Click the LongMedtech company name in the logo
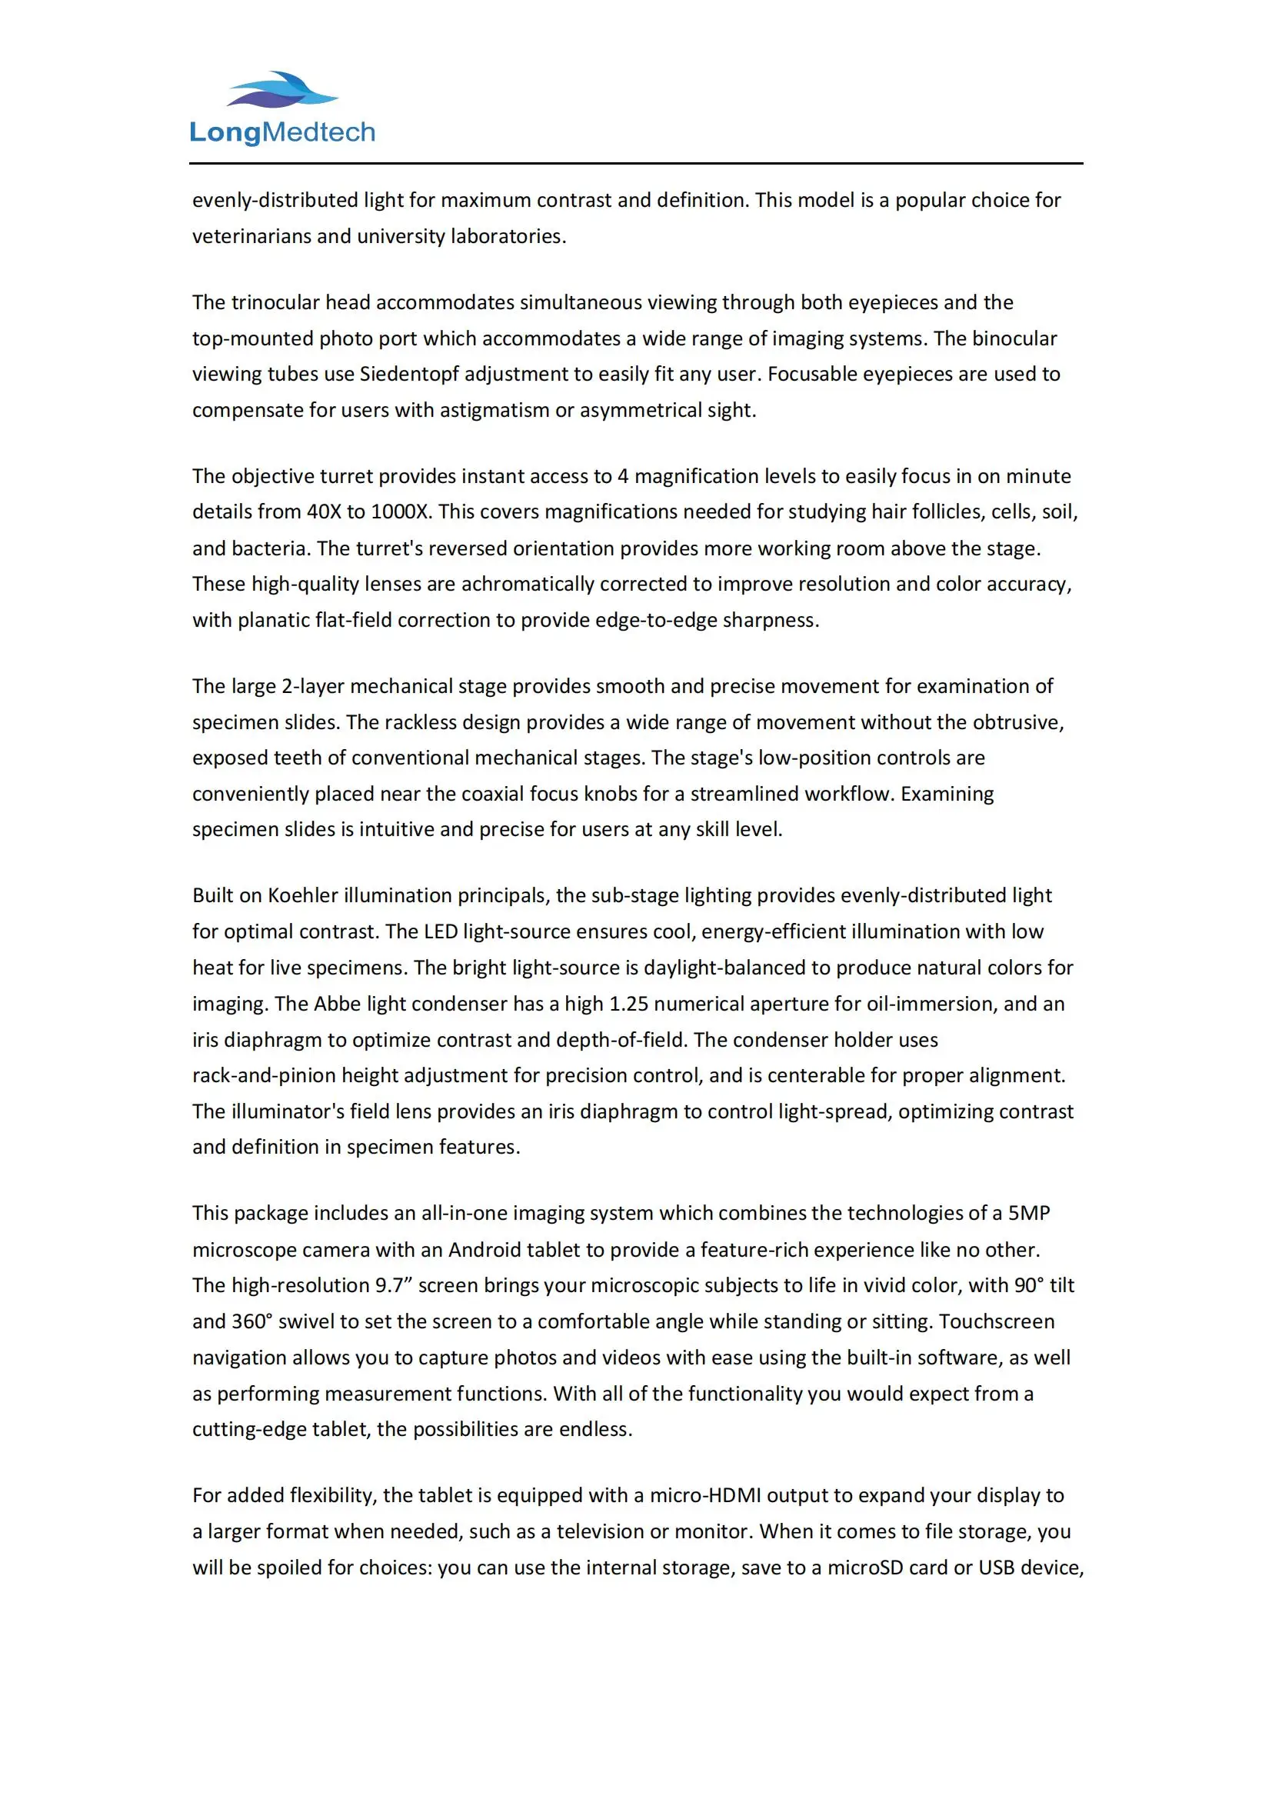[282, 132]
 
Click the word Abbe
[335, 1004]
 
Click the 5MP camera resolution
[1028, 1213]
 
